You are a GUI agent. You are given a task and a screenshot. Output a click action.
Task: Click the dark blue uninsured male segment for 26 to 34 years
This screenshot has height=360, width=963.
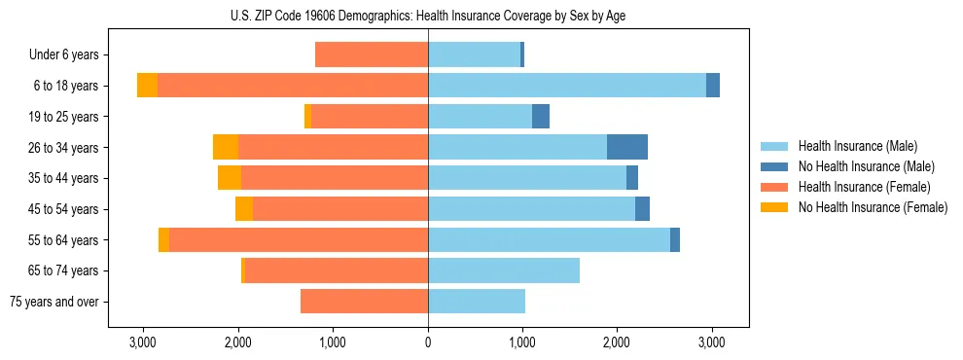pyautogui.click(x=627, y=147)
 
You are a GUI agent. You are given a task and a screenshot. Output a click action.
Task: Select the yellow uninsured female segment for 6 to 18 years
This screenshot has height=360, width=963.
pyautogui.click(x=147, y=86)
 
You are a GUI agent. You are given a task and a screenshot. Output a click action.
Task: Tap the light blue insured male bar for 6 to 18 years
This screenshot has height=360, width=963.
pyautogui.click(x=567, y=86)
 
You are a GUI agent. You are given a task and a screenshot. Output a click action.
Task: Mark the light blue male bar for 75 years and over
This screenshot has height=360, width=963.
pyautogui.click(x=477, y=302)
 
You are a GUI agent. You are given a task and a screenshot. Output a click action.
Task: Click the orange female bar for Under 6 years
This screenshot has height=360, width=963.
pyautogui.click(x=372, y=54)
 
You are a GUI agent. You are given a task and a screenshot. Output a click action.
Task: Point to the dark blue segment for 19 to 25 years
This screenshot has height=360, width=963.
pyautogui.click(x=541, y=117)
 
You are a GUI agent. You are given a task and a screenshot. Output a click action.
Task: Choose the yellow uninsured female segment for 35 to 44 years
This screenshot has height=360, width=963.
pyautogui.click(x=230, y=178)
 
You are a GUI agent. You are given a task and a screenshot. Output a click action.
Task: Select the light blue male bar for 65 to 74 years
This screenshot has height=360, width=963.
pyautogui.click(x=504, y=270)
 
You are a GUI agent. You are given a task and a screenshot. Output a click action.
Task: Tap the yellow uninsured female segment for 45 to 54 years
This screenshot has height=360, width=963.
pyautogui.click(x=244, y=209)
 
